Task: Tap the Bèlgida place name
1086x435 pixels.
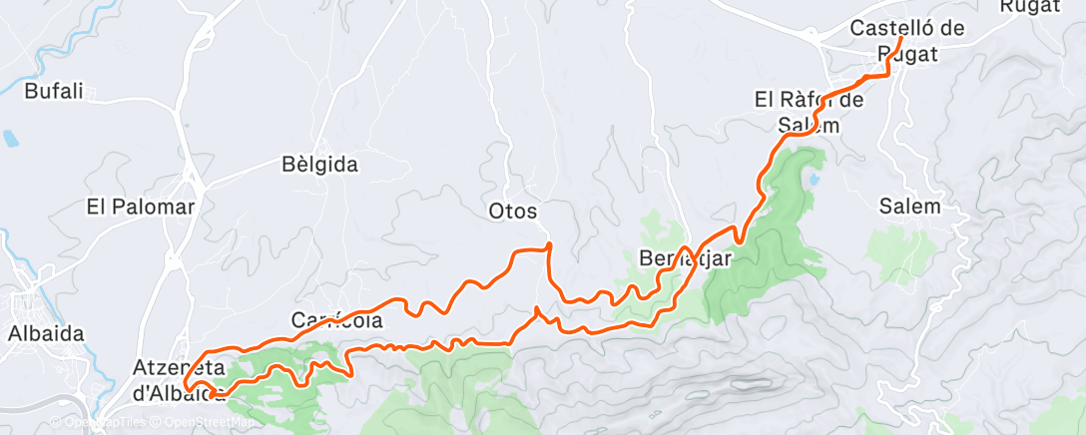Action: pyautogui.click(x=319, y=165)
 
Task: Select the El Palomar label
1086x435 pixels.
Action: pyautogui.click(x=140, y=208)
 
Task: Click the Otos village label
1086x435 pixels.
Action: pyautogui.click(x=514, y=212)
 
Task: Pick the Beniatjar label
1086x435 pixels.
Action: pyautogui.click(x=685, y=258)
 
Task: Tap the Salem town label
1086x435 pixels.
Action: pyautogui.click(x=910, y=207)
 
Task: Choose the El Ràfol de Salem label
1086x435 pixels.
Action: pyautogui.click(x=809, y=112)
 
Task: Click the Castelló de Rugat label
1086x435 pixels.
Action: pyautogui.click(x=906, y=41)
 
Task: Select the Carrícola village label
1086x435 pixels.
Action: pyautogui.click(x=336, y=320)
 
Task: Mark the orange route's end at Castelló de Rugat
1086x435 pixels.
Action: pyautogui.click(x=900, y=39)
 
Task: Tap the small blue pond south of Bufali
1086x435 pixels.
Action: pyautogui.click(x=9, y=137)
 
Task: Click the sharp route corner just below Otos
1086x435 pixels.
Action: pyautogui.click(x=549, y=245)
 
